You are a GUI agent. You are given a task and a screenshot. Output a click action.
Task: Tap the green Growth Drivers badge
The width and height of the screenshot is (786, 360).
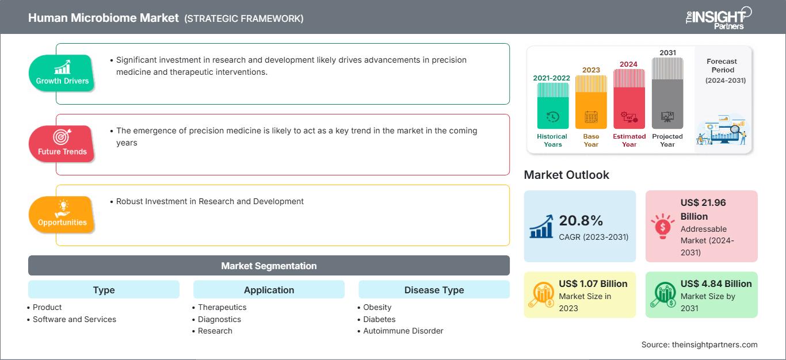pos(62,73)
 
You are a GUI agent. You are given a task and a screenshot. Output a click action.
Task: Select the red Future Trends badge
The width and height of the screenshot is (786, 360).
pos(62,144)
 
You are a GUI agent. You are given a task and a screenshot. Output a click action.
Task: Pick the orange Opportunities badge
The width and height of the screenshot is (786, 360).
pos(62,215)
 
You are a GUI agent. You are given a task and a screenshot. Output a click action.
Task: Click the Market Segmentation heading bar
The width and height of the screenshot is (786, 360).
pos(269,266)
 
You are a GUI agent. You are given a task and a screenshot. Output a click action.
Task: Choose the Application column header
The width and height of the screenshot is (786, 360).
pos(269,290)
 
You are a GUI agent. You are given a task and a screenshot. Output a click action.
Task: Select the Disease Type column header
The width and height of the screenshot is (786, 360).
pos(434,290)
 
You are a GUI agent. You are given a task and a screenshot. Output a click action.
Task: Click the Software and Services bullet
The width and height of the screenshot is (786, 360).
pos(74,319)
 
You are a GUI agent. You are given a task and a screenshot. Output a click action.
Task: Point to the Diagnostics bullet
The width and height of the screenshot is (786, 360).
pos(219,319)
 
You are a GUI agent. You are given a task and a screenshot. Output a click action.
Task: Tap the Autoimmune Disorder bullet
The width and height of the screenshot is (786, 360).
pos(403,331)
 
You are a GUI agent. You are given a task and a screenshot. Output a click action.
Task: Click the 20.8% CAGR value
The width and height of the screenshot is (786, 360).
pos(581,220)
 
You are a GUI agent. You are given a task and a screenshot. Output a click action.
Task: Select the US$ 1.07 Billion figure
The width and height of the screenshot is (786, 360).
pos(593,284)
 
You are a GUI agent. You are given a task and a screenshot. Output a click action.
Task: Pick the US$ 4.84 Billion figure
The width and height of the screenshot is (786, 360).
pos(716,284)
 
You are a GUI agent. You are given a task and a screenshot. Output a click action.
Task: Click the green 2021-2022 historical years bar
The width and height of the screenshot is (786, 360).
pos(552,106)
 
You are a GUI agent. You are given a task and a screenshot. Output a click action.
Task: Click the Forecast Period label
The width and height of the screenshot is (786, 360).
pos(722,65)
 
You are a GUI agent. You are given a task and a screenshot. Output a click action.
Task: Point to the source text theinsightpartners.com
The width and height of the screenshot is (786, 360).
pos(699,344)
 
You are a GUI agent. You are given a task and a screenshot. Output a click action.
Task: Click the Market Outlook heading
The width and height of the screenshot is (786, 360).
pos(566,174)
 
